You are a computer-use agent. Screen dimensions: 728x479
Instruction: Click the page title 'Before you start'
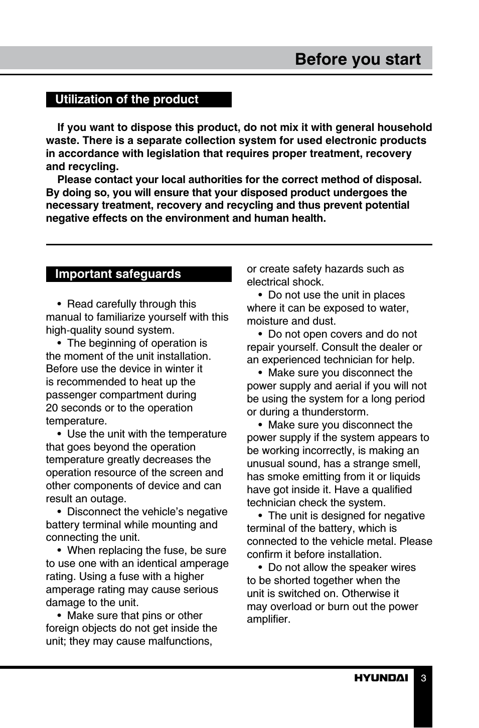point(357,59)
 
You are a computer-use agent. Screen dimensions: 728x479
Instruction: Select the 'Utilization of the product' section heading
point(126,99)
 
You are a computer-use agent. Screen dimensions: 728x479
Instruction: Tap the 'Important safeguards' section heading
point(118,274)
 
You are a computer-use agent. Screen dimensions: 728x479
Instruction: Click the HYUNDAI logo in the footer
point(381,678)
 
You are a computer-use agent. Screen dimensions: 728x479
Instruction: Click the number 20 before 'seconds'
point(52,408)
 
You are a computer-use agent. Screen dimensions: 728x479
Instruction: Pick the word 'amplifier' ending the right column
point(268,619)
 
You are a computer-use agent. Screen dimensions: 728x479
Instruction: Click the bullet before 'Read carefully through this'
point(59,304)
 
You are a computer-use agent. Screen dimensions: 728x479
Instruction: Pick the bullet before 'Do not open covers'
point(260,334)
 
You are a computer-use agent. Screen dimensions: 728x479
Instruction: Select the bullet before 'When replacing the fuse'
point(59,550)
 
